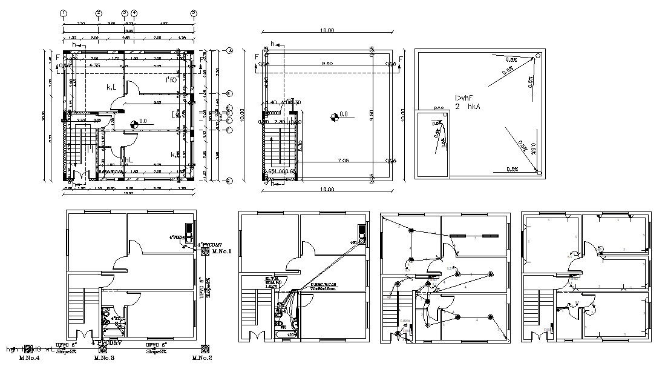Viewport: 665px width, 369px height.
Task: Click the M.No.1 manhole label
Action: [222, 251]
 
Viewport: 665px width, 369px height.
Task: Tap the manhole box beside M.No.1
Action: [206, 250]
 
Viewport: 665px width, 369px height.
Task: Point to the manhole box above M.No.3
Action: [102, 349]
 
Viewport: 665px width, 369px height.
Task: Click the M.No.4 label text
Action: [29, 358]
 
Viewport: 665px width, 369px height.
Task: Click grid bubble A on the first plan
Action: [230, 51]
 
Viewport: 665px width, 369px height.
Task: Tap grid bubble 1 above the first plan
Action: [64, 13]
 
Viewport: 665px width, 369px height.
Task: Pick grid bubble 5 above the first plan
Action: [194, 13]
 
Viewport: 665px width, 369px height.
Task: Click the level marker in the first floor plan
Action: [133, 123]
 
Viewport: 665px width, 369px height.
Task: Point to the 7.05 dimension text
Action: [342, 161]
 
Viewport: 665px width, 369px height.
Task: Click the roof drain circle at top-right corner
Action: [536, 57]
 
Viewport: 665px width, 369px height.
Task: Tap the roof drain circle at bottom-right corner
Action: [538, 174]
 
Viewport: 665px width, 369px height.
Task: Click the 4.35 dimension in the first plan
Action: [94, 65]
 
